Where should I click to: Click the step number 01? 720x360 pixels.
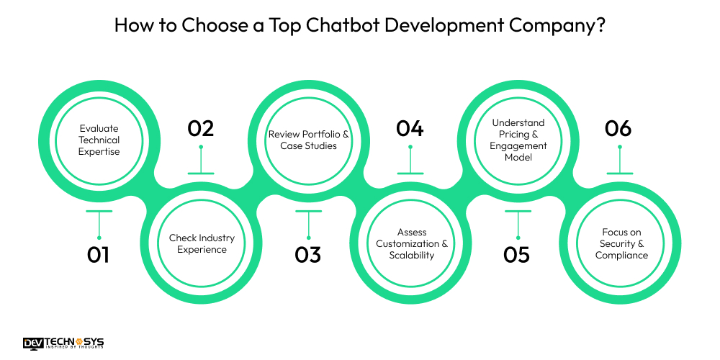(99, 255)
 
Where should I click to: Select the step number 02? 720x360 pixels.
(201, 128)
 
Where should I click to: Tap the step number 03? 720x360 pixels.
(308, 255)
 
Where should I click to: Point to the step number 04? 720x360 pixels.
(410, 128)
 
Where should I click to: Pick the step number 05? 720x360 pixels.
(517, 255)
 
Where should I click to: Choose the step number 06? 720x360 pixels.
(618, 128)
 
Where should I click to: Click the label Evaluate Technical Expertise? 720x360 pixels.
(99, 140)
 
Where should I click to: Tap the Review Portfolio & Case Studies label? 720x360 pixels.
(308, 140)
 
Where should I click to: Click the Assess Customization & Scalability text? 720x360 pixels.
(412, 243)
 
